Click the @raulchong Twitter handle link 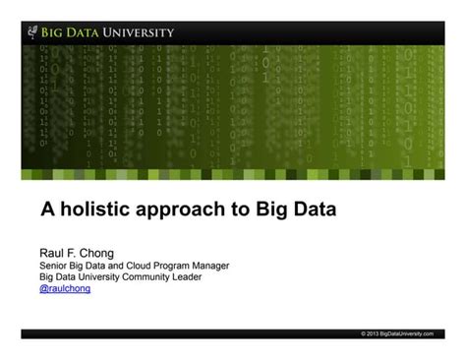(65, 289)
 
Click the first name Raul (51, 253)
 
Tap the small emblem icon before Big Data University (33, 31)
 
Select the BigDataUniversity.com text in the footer (406, 334)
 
